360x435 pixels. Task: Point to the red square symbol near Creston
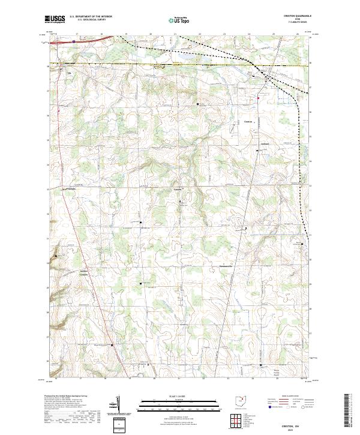(x=259, y=98)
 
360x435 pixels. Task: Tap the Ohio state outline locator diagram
(x=241, y=400)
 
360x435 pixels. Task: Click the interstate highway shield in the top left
(x=74, y=41)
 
